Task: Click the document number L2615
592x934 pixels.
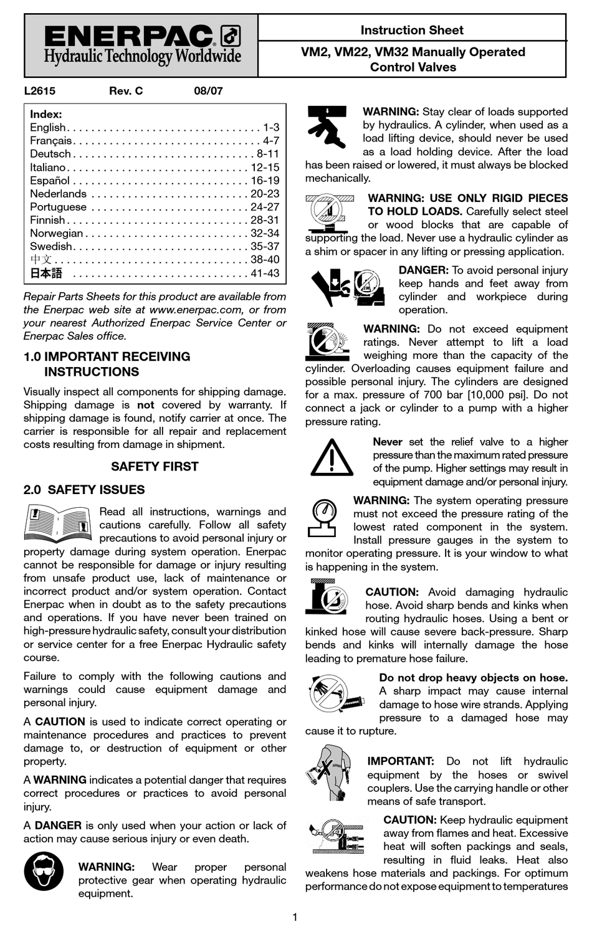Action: coord(39,91)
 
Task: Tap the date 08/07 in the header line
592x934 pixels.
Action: coord(208,91)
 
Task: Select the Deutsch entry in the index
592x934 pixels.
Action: coord(50,154)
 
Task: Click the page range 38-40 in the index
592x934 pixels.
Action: coord(265,260)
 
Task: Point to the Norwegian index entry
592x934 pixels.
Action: coord(56,233)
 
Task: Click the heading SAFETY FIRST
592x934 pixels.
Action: coord(155,467)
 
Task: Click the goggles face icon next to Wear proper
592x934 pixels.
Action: coord(44,871)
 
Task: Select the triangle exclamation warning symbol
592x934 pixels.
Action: coord(332,458)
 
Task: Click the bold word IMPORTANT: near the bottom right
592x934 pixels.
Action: coord(400,761)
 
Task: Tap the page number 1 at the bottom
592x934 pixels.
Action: coord(295,917)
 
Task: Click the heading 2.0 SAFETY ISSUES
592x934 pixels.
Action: coord(84,490)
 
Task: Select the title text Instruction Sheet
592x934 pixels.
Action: coord(412,30)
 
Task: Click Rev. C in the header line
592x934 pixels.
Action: coord(126,91)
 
